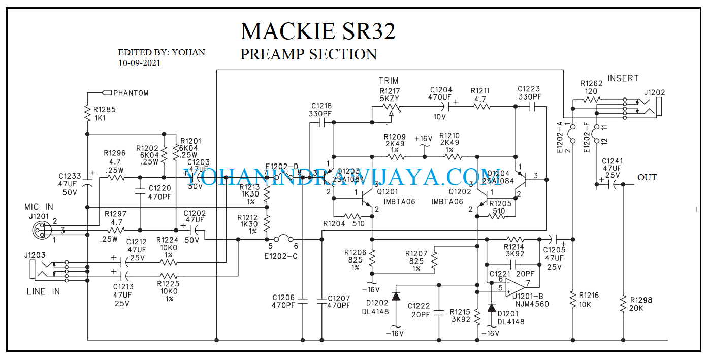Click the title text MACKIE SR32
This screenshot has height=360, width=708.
point(317,31)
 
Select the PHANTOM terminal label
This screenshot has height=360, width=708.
point(131,93)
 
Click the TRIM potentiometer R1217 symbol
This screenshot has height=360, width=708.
point(390,107)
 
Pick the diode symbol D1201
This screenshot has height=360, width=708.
point(491,308)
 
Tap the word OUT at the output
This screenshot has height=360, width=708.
point(647,177)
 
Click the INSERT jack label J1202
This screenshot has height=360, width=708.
point(654,93)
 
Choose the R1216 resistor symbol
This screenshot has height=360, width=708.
point(572,300)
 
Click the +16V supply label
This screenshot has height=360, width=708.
point(423,139)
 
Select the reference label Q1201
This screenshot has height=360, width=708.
point(389,192)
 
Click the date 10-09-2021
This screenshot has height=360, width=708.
point(139,63)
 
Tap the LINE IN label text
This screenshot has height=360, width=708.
point(43,291)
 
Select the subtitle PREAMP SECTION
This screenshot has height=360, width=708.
point(308,54)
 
